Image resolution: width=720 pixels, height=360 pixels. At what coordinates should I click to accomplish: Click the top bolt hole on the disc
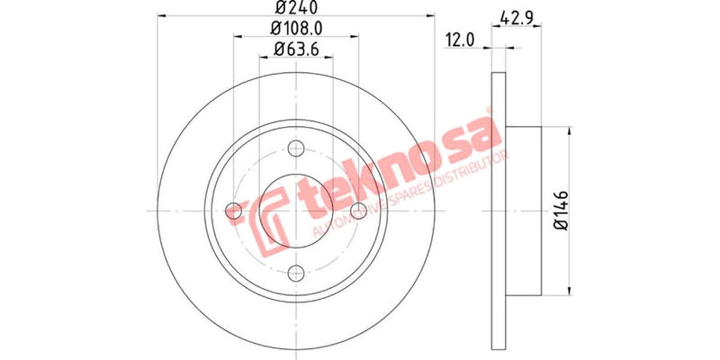point(296,149)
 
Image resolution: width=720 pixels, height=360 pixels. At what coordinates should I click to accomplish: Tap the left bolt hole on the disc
point(234,211)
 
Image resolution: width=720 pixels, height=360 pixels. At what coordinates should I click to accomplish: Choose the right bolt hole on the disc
point(358,211)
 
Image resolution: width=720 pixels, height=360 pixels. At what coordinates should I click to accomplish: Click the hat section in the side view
point(524,211)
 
